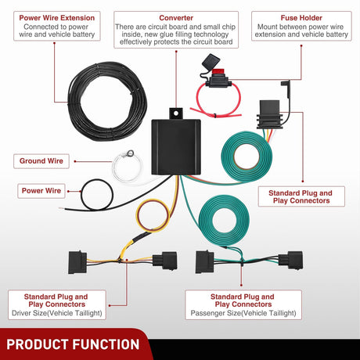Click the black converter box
[x=176, y=147]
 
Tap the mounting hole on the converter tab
[x=176, y=113]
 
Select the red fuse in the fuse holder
[x=218, y=71]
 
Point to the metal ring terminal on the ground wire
[x=130, y=153]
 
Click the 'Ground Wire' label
[x=41, y=161]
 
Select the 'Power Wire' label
[x=41, y=191]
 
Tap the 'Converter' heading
[x=176, y=18]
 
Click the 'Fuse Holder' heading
[x=301, y=18]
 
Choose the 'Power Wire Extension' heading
[x=57, y=18]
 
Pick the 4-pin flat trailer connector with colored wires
[x=270, y=115]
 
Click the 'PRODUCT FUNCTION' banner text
[x=73, y=344]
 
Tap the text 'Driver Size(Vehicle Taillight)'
[x=57, y=313]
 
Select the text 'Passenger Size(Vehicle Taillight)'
[x=243, y=313]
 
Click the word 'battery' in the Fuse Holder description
[x=337, y=34]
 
